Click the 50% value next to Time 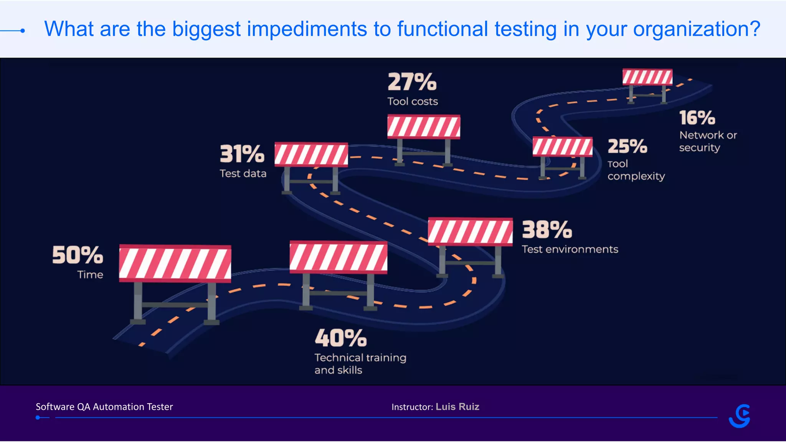pyautogui.click(x=78, y=255)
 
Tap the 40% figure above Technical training pyautogui.click(x=340, y=338)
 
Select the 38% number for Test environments pyautogui.click(x=547, y=230)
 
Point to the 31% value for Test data pyautogui.click(x=242, y=154)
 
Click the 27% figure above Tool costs pyautogui.click(x=412, y=82)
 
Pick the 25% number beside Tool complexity pyautogui.click(x=627, y=146)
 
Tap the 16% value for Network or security pyautogui.click(x=697, y=118)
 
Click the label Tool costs pyautogui.click(x=413, y=102)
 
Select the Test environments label pyautogui.click(x=570, y=249)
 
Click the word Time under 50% pyautogui.click(x=90, y=275)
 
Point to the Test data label pyautogui.click(x=243, y=173)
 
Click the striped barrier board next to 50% pyautogui.click(x=175, y=263)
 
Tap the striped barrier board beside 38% pyautogui.click(x=470, y=232)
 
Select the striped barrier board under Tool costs pyautogui.click(x=424, y=127)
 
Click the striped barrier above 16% pyautogui.click(x=647, y=77)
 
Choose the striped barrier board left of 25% pyautogui.click(x=562, y=147)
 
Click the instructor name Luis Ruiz pyautogui.click(x=457, y=407)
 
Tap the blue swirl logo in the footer pyautogui.click(x=740, y=416)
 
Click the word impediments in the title pyautogui.click(x=307, y=29)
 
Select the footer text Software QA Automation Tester pyautogui.click(x=104, y=407)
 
